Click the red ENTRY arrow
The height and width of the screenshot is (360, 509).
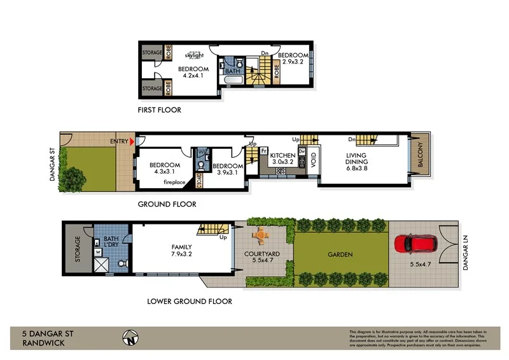coord(132,141)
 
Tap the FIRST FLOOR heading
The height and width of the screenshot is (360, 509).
coord(159,110)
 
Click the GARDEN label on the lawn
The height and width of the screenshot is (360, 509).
coord(340,255)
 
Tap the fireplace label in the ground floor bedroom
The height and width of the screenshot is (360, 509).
coord(174,183)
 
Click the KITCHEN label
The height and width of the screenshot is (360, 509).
coord(282,155)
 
